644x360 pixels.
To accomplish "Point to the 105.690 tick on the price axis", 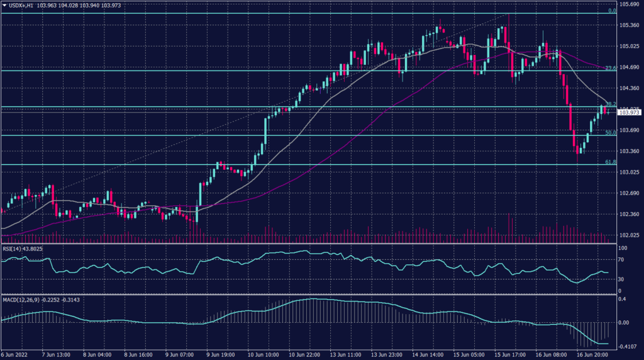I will click(630, 4).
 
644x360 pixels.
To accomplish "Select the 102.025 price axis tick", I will click(630, 235).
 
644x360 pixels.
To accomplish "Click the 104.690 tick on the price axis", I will click(630, 67).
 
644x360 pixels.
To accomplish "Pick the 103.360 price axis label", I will click(630, 152).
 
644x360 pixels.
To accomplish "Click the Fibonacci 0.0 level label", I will click(611, 11).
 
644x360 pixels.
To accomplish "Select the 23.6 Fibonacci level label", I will click(609, 68).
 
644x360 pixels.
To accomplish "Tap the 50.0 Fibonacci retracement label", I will click(609, 133).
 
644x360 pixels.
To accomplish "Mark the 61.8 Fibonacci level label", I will click(609, 162).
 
